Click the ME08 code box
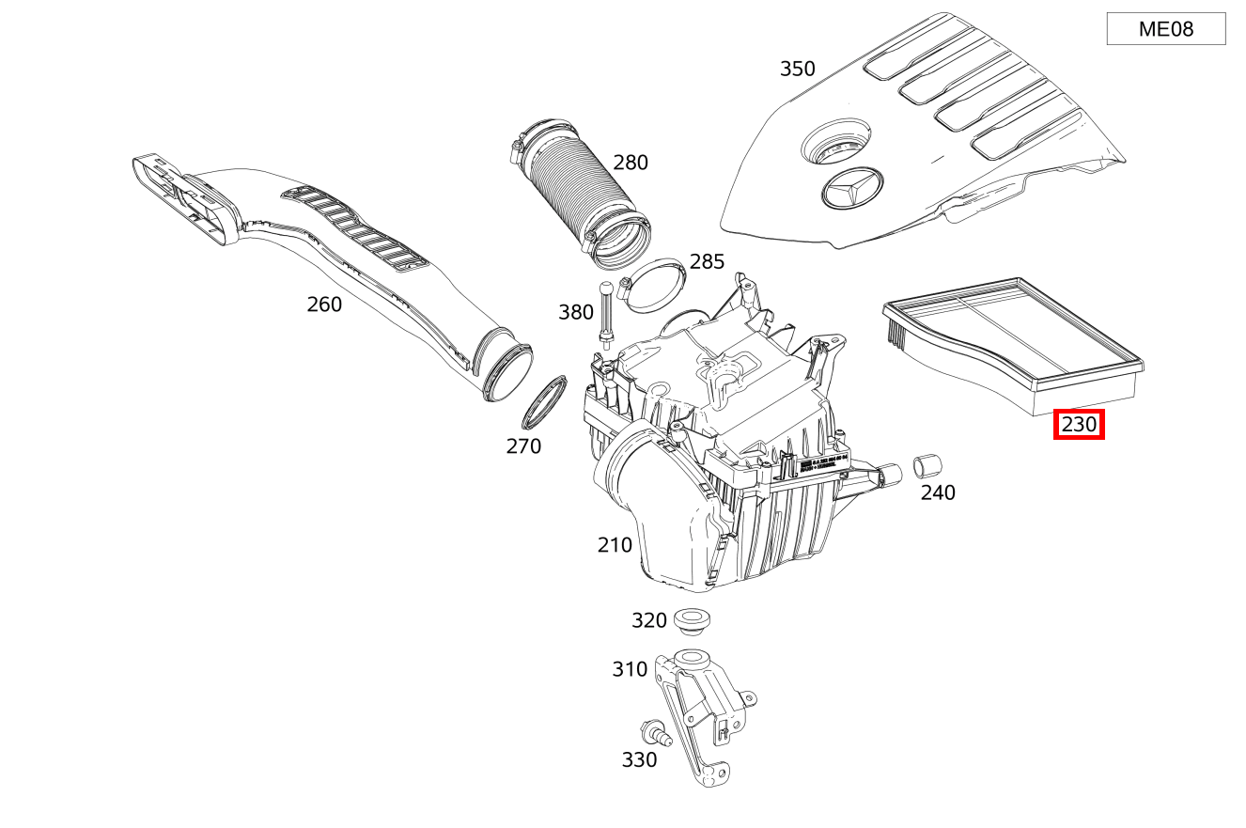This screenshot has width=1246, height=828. [1165, 29]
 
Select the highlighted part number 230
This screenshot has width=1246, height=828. [1079, 425]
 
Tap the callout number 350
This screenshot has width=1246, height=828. [797, 69]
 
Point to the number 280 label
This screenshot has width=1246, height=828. [630, 163]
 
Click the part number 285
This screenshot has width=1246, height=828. [707, 261]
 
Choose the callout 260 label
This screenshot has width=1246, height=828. [324, 305]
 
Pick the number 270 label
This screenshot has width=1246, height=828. [523, 446]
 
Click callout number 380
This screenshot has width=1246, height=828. [575, 312]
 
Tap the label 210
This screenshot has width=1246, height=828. [615, 545]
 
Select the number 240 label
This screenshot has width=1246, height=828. [937, 492]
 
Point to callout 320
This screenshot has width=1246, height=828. [648, 620]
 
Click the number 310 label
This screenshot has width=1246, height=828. [630, 669]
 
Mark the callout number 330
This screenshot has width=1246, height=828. [639, 759]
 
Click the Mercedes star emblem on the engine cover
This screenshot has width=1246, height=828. [849, 191]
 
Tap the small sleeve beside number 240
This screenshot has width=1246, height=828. [927, 465]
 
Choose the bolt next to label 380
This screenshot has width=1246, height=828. [607, 315]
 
